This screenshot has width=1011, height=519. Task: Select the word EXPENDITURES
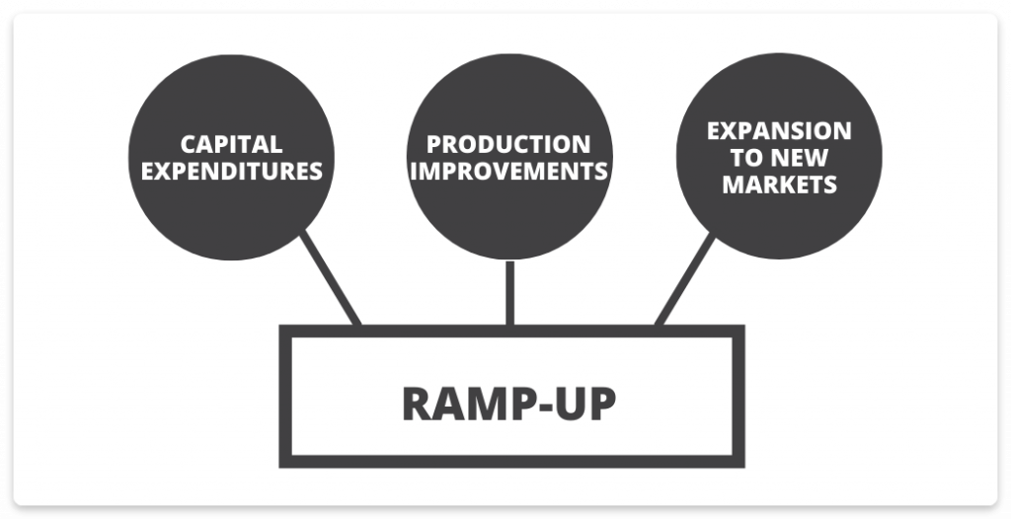click(x=232, y=172)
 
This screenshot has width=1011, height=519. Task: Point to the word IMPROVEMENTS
click(x=508, y=172)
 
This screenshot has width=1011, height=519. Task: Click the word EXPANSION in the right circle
click(x=779, y=131)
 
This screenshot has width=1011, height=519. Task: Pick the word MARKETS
click(x=779, y=185)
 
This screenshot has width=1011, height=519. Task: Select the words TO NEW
click(x=779, y=158)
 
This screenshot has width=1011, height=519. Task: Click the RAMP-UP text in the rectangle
click(x=508, y=403)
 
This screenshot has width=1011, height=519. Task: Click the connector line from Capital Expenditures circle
click(x=331, y=278)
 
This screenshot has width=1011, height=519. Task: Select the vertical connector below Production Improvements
click(x=509, y=292)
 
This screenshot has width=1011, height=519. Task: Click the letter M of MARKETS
click(x=733, y=185)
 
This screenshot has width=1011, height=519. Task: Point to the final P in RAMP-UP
click(x=603, y=403)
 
